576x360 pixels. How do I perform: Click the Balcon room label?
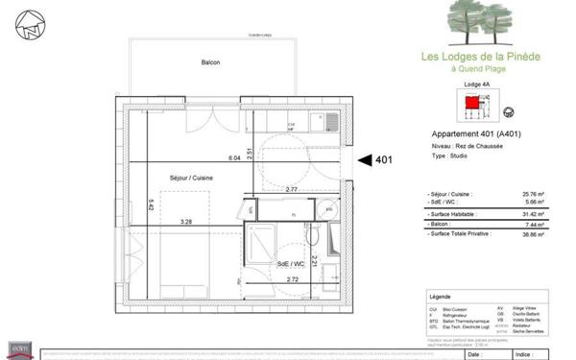pyautogui.click(x=210, y=63)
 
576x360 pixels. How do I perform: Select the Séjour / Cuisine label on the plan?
pyautogui.click(x=191, y=179)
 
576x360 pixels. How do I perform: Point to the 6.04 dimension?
pyautogui.click(x=233, y=156)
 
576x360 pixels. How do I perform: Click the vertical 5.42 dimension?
pyautogui.click(x=151, y=204)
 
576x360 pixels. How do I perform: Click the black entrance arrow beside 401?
pyautogui.click(x=366, y=160)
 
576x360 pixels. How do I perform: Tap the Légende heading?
pyautogui.click(x=442, y=298)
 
